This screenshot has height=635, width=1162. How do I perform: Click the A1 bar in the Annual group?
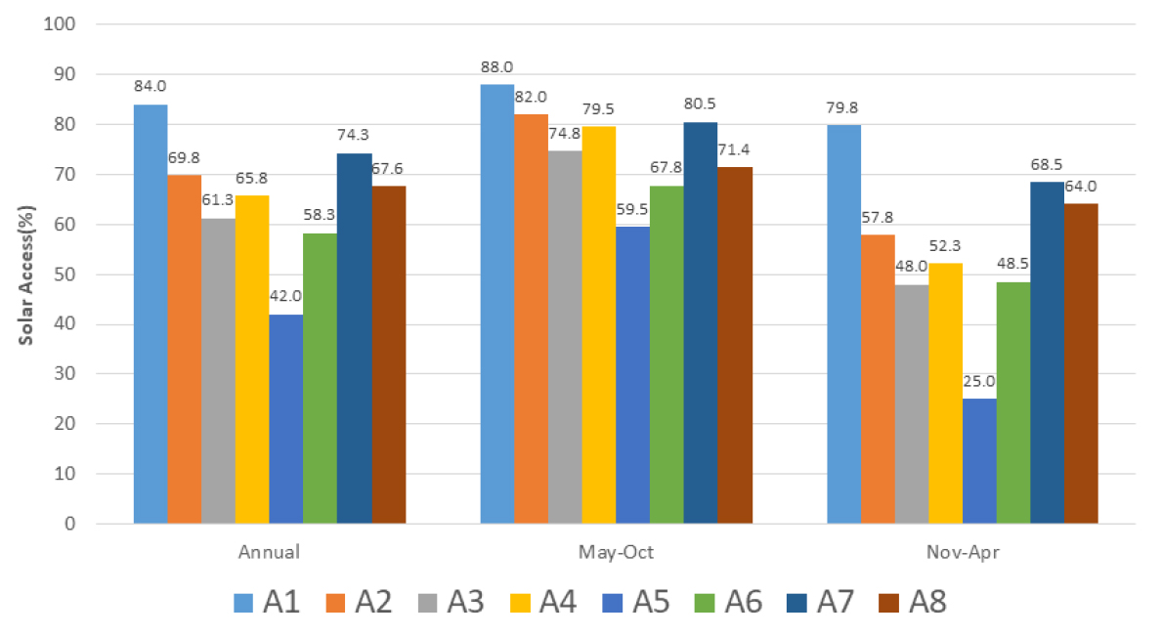(x=151, y=314)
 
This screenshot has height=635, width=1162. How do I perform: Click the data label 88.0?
(x=496, y=67)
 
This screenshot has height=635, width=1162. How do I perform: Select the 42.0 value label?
(x=286, y=298)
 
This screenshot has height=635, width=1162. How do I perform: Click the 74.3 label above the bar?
(x=354, y=136)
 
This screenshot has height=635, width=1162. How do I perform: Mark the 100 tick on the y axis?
(x=60, y=24)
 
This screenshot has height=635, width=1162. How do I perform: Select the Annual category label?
(x=269, y=552)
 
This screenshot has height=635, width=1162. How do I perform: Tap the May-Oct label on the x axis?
(x=616, y=552)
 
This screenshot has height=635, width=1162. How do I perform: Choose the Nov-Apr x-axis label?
(x=963, y=552)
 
